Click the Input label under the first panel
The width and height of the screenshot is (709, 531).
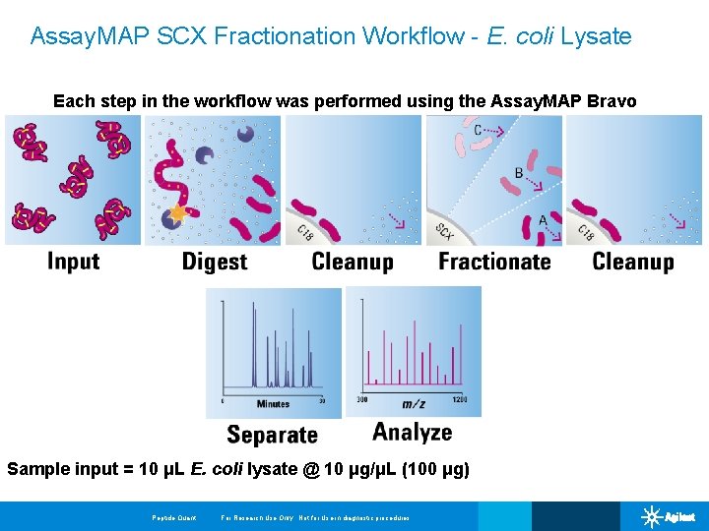(74, 262)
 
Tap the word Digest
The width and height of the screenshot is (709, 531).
(215, 263)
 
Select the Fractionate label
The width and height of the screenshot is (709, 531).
(494, 262)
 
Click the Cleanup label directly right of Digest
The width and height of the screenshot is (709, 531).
(353, 262)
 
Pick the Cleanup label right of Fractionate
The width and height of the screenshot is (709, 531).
(633, 262)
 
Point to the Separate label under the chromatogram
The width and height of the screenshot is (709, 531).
(272, 435)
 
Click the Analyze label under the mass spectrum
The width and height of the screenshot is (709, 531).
(413, 433)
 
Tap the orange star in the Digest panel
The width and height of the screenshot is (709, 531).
(177, 213)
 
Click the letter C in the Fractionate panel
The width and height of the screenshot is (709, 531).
(478, 130)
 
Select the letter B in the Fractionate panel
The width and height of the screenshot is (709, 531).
(519, 174)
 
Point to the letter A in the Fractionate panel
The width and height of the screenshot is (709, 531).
(542, 221)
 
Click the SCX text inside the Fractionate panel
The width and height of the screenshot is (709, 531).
(444, 232)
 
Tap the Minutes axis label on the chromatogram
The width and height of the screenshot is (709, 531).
(273, 404)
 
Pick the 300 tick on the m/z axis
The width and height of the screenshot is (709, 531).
(361, 399)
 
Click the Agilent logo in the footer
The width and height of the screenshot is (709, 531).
(670, 516)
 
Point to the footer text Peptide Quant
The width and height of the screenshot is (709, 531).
(174, 518)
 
